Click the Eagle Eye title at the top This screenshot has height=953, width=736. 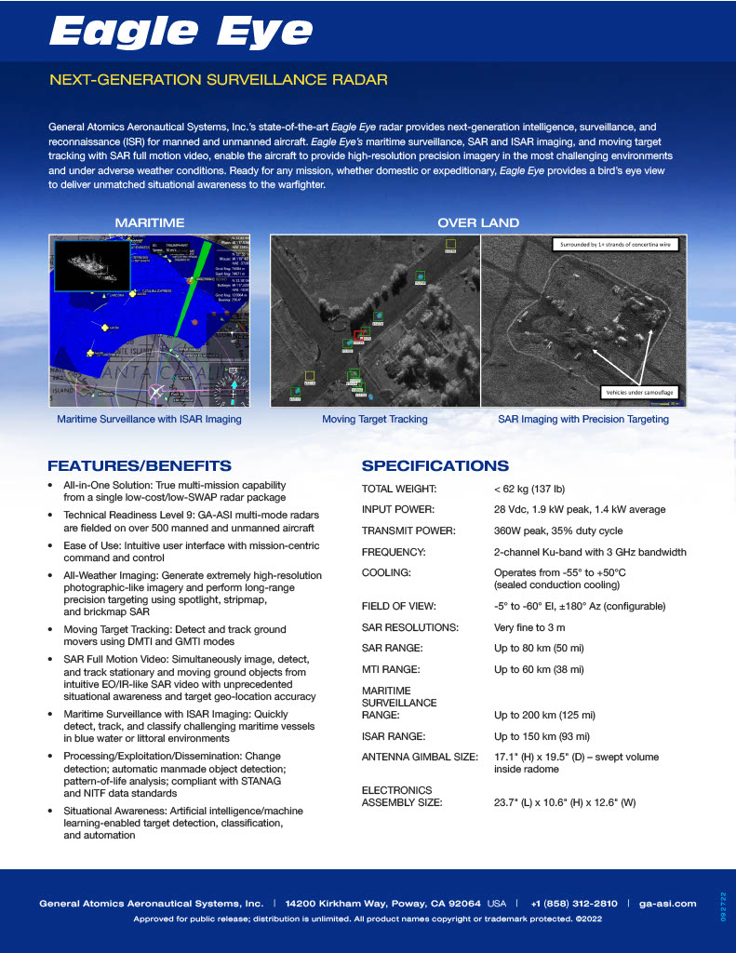[x=181, y=32]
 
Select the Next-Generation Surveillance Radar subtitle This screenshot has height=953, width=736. [x=218, y=80]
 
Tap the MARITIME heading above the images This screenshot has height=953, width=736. [x=149, y=222]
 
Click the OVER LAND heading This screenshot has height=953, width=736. [x=478, y=222]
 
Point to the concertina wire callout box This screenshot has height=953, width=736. [x=614, y=246]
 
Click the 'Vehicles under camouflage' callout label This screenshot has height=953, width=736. [x=640, y=392]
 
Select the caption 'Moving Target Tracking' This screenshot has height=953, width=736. [x=375, y=419]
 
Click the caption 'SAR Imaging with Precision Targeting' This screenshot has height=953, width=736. [x=583, y=419]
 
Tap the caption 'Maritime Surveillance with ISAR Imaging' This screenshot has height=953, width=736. [x=150, y=419]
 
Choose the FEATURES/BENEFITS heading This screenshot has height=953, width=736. [x=140, y=465]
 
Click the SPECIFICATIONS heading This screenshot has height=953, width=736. [x=435, y=465]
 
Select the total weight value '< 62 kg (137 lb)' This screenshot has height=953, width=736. [x=529, y=489]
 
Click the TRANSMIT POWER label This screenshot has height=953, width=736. [x=408, y=530]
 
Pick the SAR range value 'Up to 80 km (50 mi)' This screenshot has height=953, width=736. [x=540, y=648]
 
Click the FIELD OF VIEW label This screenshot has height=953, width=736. [x=403, y=606]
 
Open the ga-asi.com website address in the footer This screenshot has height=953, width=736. [x=668, y=903]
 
